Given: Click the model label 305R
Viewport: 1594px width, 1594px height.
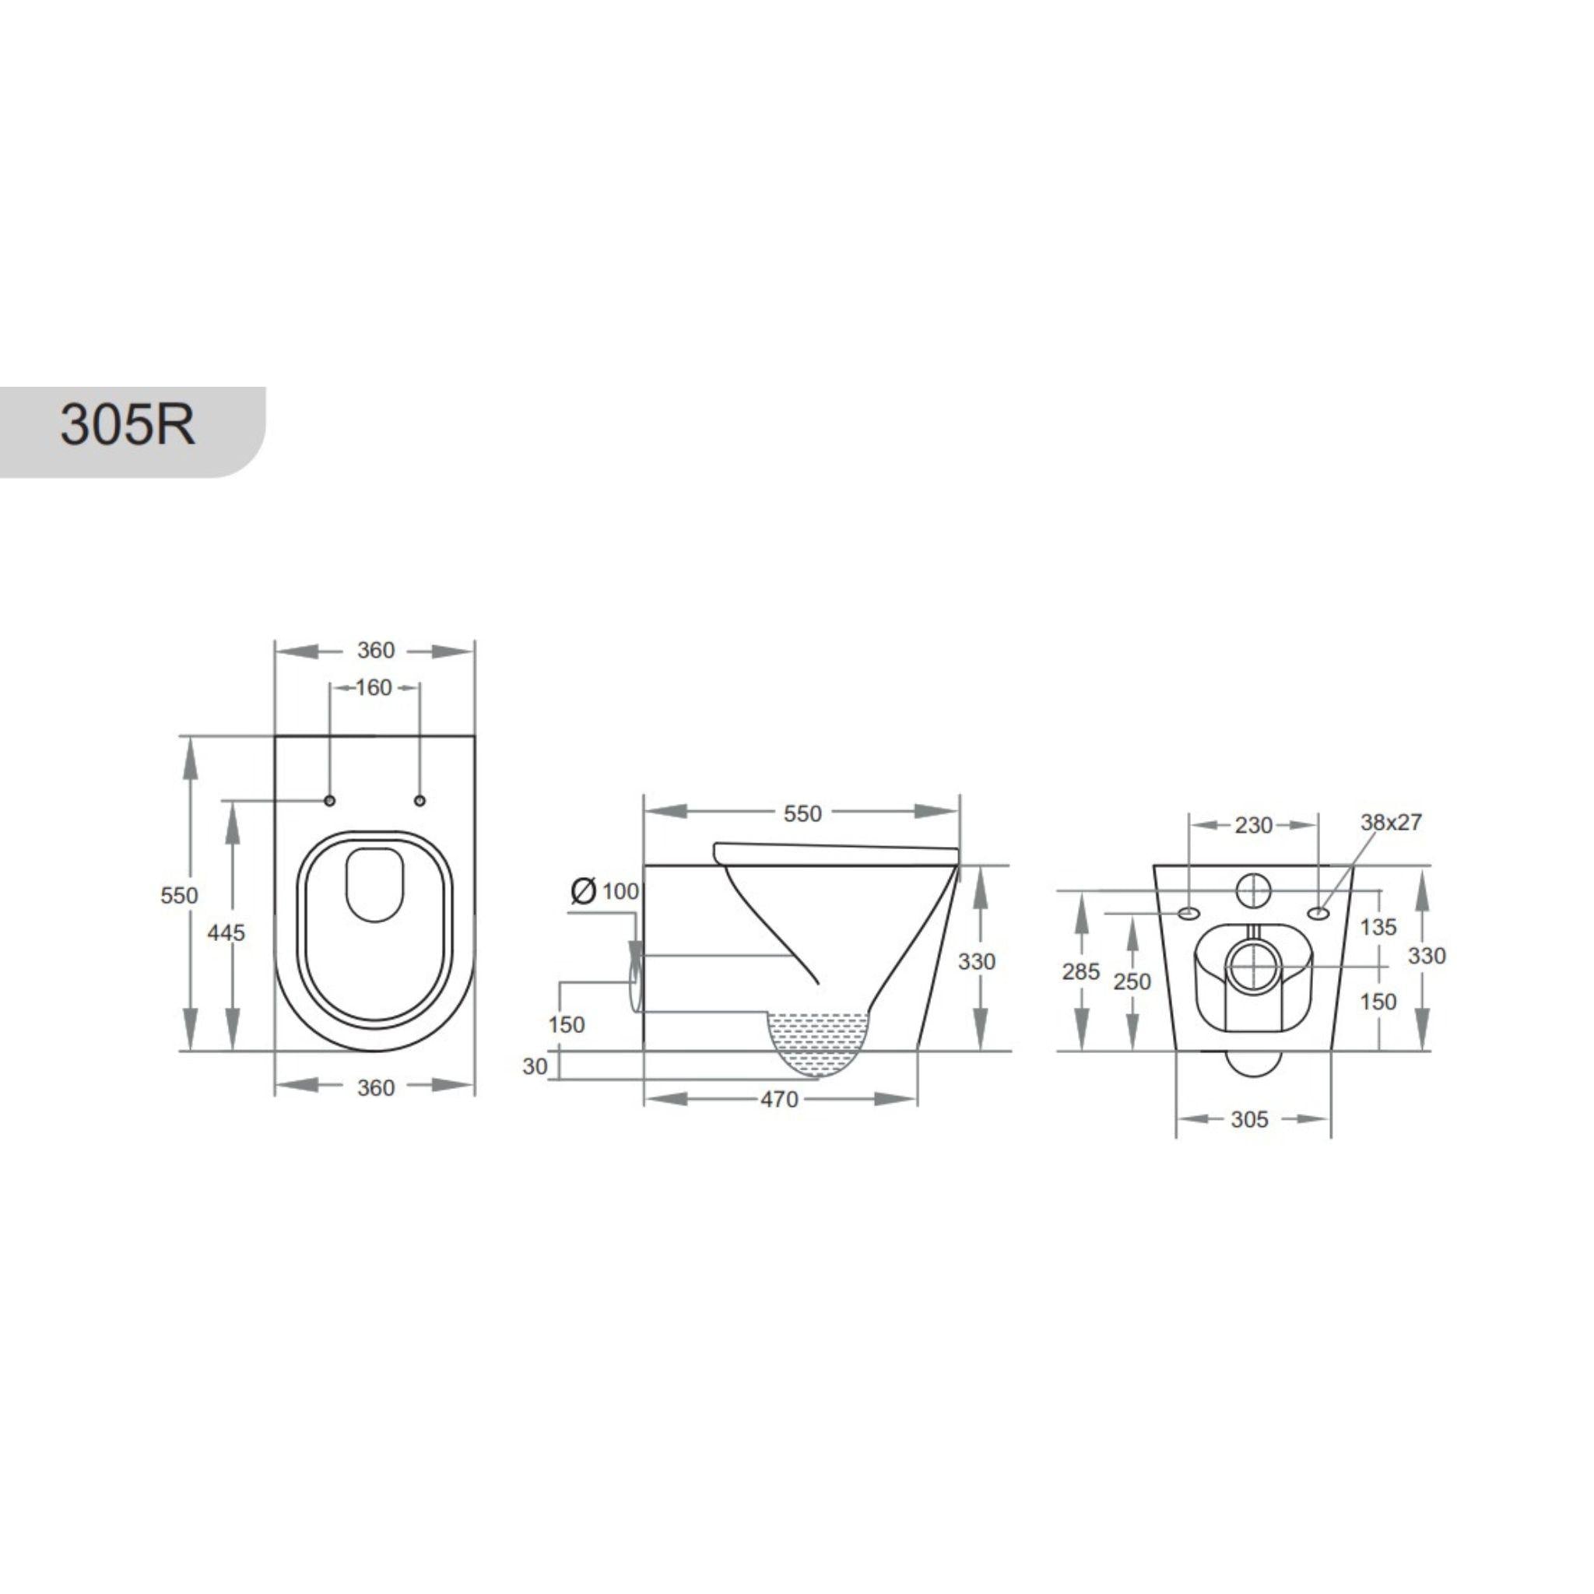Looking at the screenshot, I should (x=128, y=426).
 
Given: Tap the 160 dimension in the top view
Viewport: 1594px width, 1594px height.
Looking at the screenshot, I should (x=374, y=687).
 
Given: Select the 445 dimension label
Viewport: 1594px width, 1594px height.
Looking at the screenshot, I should (x=225, y=932).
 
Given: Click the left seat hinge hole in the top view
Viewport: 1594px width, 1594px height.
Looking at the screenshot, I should (x=330, y=800).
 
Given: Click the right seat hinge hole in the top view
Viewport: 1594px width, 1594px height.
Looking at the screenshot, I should (x=420, y=800).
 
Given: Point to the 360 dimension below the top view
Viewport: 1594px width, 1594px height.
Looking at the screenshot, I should (x=375, y=1087).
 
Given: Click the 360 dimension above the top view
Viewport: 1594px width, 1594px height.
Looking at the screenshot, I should (x=375, y=650).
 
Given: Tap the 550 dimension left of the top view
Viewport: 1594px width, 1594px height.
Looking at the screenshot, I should (x=179, y=895).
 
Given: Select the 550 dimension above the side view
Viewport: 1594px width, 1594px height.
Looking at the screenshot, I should (x=802, y=813).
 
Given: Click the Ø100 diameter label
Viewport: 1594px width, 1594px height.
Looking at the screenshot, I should (x=606, y=891).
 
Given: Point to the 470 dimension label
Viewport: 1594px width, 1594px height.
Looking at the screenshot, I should (x=779, y=1099).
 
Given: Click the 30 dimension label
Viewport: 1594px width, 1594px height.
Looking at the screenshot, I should (x=535, y=1067).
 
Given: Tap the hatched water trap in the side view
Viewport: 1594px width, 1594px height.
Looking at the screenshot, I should (x=820, y=1041).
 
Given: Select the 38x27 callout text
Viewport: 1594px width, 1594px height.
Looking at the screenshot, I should (x=1391, y=823).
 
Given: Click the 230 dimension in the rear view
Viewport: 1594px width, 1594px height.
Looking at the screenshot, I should (x=1253, y=825).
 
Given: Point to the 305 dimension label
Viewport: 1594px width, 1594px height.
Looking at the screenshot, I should (x=1249, y=1119).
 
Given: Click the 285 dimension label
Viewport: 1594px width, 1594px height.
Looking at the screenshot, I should (x=1081, y=972).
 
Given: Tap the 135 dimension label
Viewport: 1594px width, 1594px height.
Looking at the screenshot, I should (x=1378, y=926).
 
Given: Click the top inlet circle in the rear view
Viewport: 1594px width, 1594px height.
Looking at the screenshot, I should (x=1254, y=891).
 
